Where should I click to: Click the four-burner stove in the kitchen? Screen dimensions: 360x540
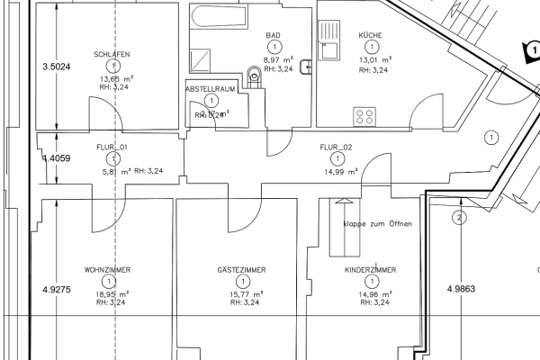pyautogui.click(x=365, y=114)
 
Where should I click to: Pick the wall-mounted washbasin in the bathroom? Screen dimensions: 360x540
pyautogui.click(x=306, y=66)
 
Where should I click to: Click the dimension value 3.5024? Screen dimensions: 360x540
pyautogui.click(x=56, y=67)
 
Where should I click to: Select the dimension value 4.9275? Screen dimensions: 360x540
pyautogui.click(x=56, y=290)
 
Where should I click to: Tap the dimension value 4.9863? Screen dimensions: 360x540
pyautogui.click(x=461, y=290)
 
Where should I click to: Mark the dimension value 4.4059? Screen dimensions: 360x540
pyautogui.click(x=56, y=158)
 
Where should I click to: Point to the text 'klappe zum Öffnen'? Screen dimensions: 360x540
pyautogui.click(x=376, y=223)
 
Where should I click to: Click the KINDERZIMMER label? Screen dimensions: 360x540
pyautogui.click(x=370, y=270)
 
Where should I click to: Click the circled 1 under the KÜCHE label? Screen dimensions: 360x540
pyautogui.click(x=370, y=48)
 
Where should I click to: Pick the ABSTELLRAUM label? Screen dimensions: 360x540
pyautogui.click(x=210, y=90)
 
